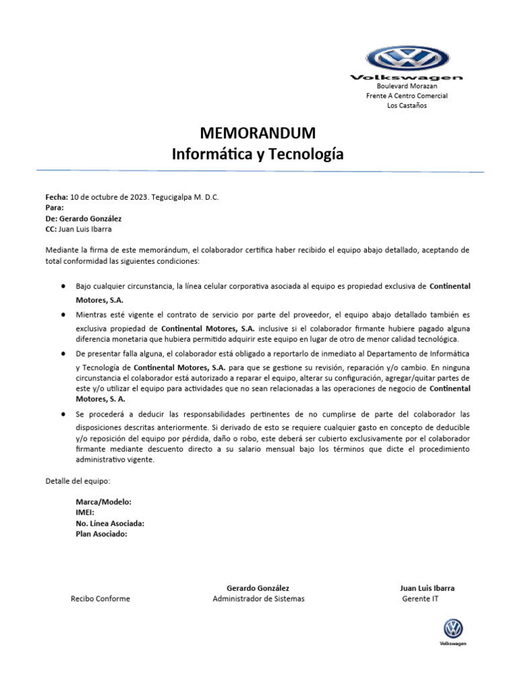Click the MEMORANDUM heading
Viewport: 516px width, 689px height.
tap(257, 132)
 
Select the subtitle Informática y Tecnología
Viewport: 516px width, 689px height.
tap(257, 154)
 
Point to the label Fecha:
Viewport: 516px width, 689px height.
tap(56, 197)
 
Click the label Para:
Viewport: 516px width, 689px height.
tap(54, 208)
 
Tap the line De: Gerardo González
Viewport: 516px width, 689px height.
tap(83, 219)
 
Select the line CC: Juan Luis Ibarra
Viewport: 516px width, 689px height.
tap(79, 229)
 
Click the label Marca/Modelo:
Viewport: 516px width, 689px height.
tap(103, 502)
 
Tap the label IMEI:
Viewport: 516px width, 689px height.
tap(85, 513)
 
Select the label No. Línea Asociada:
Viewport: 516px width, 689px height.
tap(110, 523)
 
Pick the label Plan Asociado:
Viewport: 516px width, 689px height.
tap(101, 534)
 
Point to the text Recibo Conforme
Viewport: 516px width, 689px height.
tap(101, 599)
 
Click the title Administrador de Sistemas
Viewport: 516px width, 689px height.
tap(258, 599)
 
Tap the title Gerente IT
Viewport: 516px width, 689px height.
tap(420, 599)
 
